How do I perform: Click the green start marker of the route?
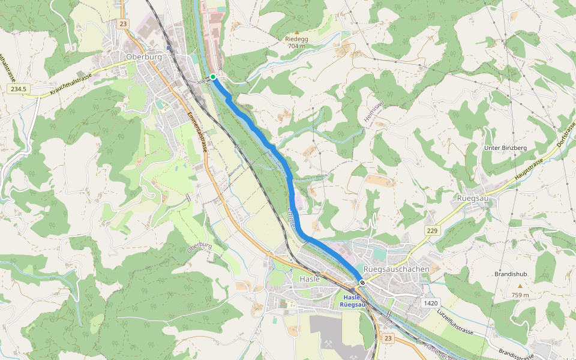pos(213,77)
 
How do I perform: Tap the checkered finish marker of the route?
pos(362,282)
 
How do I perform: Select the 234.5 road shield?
pos(19,89)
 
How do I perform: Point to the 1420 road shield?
pos(430,303)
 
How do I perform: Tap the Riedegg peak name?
pos(296,38)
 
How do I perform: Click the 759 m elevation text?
pos(520,295)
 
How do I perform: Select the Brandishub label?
pos(511,274)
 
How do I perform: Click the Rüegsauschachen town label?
pos(397,269)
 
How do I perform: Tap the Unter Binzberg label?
pos(505,148)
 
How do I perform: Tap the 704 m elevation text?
pos(297,46)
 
